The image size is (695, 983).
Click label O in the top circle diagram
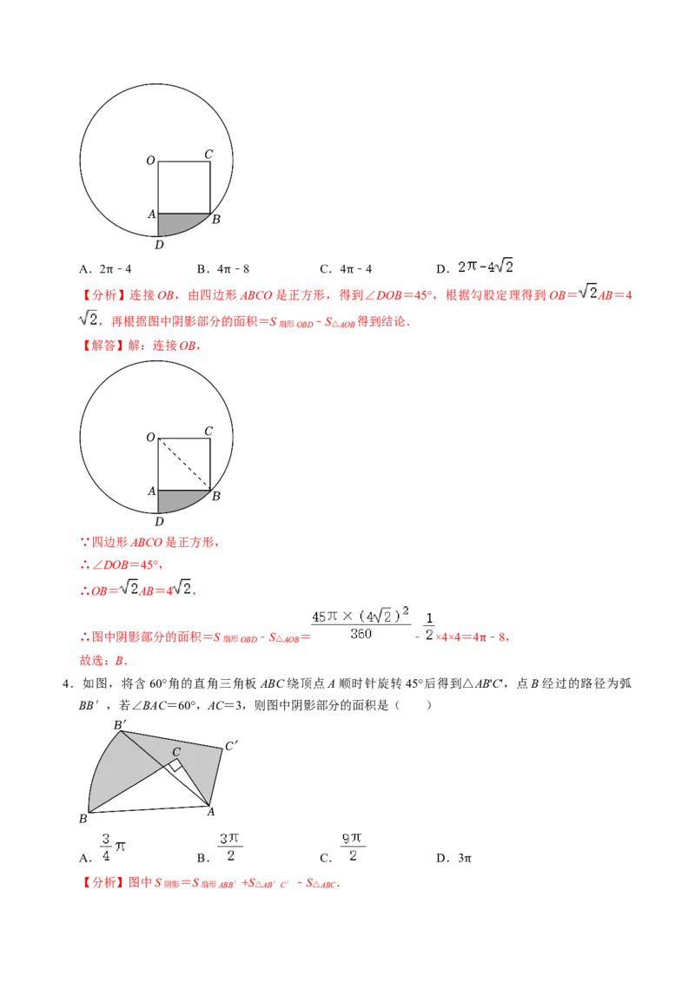point(150,161)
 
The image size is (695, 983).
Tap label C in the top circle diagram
point(208,154)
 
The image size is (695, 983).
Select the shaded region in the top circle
point(180,223)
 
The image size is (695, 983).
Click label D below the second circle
point(159,522)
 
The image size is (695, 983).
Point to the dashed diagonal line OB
point(184,464)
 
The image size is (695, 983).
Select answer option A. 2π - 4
point(105,269)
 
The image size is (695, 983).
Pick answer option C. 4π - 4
point(346,269)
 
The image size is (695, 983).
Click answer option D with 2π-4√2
point(475,267)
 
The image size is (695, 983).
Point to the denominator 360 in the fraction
point(361,634)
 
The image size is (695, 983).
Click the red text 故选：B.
point(103,660)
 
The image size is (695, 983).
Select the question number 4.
point(67,683)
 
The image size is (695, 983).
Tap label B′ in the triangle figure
point(120,725)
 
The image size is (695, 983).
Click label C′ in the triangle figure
point(231,746)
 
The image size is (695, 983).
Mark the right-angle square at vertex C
point(175,764)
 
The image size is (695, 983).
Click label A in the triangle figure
point(211,812)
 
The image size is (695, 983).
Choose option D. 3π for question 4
point(453,858)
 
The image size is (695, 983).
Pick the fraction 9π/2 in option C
point(353,847)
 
